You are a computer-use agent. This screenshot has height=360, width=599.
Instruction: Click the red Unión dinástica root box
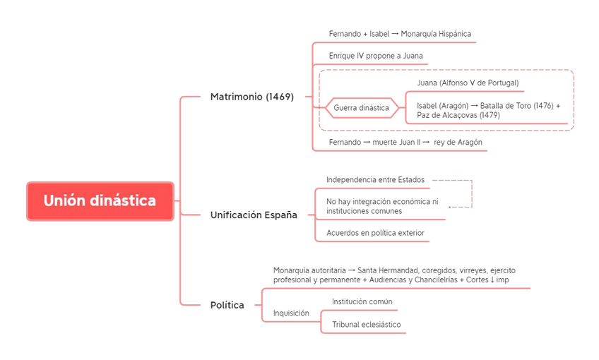coord(100,201)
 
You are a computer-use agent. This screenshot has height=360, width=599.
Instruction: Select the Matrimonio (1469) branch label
coord(251,97)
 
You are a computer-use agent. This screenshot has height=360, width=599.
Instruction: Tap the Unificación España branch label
coord(254,215)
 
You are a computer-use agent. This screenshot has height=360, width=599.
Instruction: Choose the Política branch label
coord(227,305)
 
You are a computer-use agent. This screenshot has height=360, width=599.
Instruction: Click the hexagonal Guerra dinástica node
coord(361,108)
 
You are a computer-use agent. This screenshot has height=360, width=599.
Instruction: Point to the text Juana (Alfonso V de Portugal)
coord(468,83)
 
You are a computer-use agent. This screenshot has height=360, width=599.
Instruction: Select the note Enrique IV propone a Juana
coord(376,56)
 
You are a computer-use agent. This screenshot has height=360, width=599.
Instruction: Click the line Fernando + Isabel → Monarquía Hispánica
coord(400,34)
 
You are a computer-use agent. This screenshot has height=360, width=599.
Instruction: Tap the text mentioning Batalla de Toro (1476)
coord(488,110)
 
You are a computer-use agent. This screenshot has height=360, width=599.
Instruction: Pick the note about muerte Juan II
coord(405,142)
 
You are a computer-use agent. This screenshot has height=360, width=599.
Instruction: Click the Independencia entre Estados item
coord(375,180)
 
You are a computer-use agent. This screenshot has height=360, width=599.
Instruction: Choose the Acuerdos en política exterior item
coord(375,233)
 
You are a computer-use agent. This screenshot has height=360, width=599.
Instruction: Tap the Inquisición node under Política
coord(291,313)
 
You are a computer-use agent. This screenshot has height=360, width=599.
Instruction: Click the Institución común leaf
coord(362,301)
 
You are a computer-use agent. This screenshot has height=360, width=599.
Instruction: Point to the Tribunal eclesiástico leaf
coord(366,325)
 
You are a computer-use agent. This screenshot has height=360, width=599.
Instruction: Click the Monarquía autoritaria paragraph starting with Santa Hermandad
coord(399,275)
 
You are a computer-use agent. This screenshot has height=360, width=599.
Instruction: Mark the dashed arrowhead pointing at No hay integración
coord(450,207)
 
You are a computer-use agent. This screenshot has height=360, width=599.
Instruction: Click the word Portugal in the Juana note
coord(502,83)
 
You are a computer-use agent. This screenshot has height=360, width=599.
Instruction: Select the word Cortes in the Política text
coord(478,280)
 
